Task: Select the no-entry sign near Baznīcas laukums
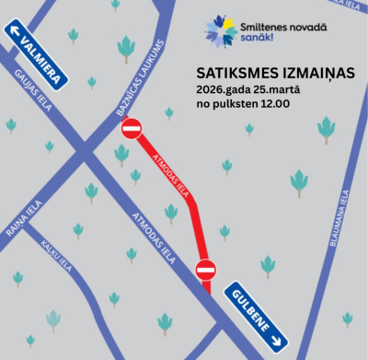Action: point(132,128)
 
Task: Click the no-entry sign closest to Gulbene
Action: point(206,270)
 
